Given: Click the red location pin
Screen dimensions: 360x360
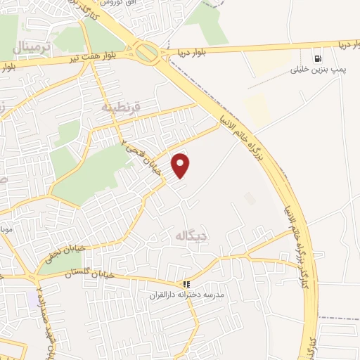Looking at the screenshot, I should point(181,165).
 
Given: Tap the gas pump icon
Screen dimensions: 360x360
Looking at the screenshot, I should point(319,58).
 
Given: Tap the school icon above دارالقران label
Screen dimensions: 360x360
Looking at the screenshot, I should point(186,284).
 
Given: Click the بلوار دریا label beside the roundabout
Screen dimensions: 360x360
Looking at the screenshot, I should point(188,51).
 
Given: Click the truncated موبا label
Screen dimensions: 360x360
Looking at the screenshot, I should point(6,230).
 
